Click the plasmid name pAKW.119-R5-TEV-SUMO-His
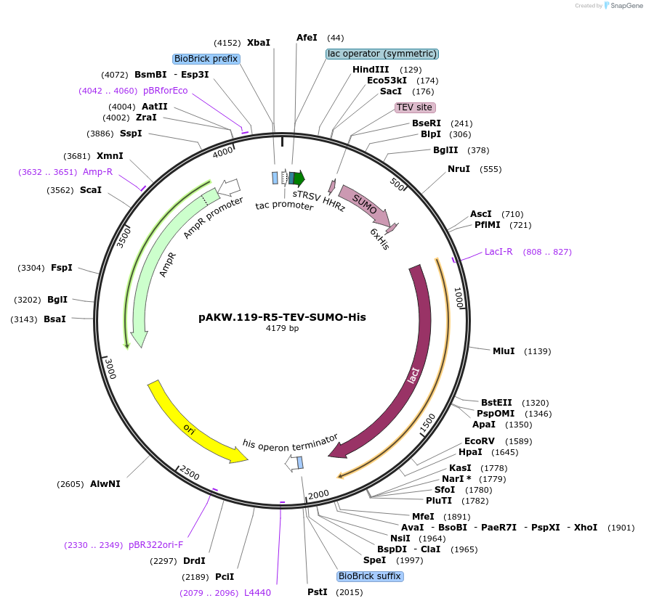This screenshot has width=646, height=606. click(282, 317)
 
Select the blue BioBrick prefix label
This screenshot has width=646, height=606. click(206, 59)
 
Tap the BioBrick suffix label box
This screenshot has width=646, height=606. click(370, 576)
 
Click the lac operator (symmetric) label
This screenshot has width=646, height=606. click(382, 54)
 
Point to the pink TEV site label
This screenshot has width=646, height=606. click(414, 107)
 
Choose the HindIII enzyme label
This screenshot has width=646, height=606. click(371, 70)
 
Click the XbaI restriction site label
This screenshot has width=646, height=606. click(259, 43)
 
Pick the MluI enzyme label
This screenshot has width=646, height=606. click(504, 351)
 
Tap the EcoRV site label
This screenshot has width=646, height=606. click(480, 441)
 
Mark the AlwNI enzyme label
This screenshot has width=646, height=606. click(105, 484)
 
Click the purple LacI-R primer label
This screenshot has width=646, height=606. click(498, 252)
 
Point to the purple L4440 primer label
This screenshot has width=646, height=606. click(257, 593)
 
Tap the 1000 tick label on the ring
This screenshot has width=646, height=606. click(459, 298)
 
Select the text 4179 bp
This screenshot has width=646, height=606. click(282, 329)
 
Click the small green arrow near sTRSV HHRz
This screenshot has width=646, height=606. click(299, 179)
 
